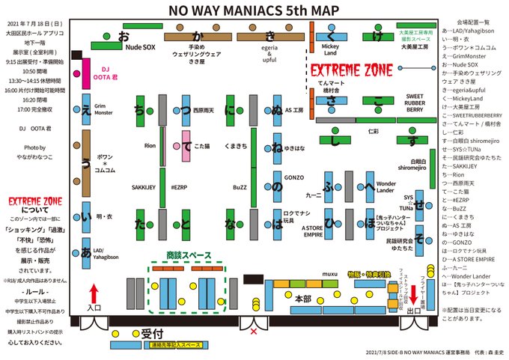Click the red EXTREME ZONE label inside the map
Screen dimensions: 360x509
tap(352, 72)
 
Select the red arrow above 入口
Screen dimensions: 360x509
tap(94, 290)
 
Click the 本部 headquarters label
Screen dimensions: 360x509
tap(302, 297)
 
